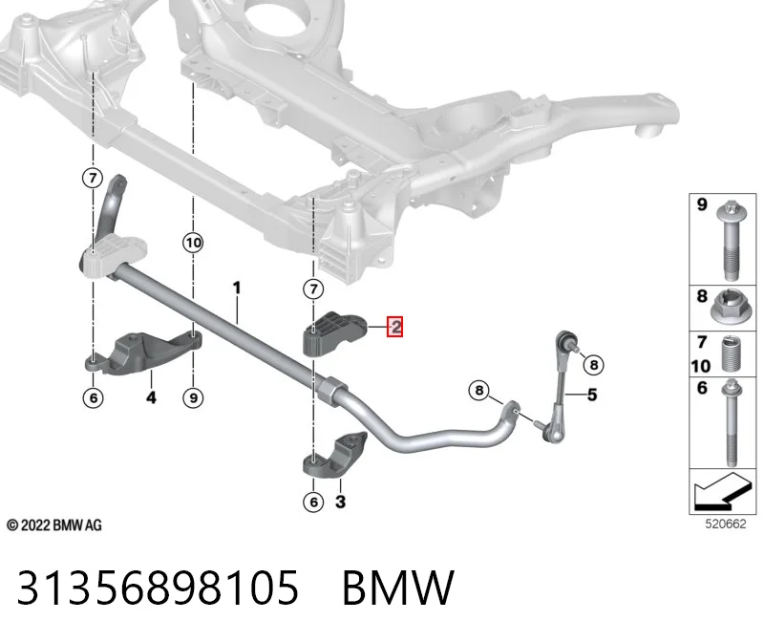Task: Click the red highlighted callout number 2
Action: [395, 327]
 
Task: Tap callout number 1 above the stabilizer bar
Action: [237, 289]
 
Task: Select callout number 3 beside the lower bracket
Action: [341, 502]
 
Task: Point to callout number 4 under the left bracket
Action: [152, 397]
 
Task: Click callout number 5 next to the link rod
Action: [592, 395]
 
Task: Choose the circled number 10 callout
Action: [193, 243]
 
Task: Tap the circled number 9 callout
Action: [193, 397]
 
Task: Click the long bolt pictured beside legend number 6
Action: [732, 422]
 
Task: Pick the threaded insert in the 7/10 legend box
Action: [729, 354]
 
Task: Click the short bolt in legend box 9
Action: [730, 241]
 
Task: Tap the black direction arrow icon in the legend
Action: [722, 491]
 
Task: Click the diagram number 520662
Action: [726, 524]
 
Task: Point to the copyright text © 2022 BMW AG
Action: [54, 525]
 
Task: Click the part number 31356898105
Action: [158, 588]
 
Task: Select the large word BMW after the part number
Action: [398, 588]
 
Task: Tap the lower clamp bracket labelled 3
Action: [334, 455]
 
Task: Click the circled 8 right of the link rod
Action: [593, 365]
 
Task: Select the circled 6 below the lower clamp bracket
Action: [313, 503]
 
